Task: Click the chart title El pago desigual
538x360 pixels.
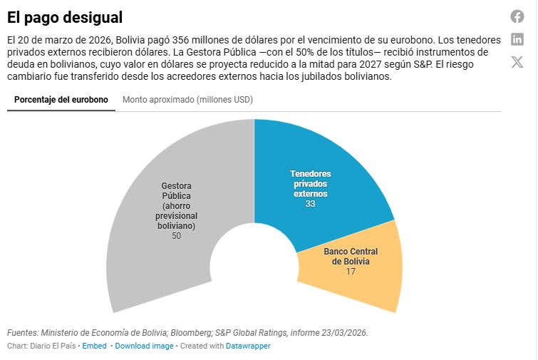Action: point(65,16)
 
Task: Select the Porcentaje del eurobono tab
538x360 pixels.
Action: point(61,100)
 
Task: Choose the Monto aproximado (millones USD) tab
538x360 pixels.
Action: point(187,100)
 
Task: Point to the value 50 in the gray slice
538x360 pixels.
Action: point(176,236)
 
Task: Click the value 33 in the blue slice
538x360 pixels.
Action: point(311,204)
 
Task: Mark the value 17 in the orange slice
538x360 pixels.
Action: point(351,272)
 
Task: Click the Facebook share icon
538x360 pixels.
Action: point(517,16)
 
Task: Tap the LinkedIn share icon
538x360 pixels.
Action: point(517,39)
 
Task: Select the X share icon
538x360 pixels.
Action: point(517,62)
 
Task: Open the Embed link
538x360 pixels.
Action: point(94,346)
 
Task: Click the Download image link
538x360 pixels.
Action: point(144,346)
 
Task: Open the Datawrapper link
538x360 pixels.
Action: point(248,346)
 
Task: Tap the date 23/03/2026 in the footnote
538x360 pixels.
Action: point(345,333)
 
